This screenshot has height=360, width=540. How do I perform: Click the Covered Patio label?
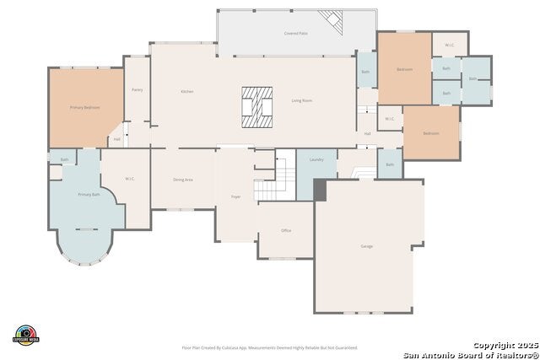(294, 34)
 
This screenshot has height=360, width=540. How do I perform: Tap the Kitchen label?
(187, 90)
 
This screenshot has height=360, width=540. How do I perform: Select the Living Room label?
(302, 100)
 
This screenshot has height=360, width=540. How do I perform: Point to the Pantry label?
(137, 89)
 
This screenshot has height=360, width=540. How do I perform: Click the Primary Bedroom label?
(84, 108)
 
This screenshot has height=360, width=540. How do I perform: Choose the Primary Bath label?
(89, 195)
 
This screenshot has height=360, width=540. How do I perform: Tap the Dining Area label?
(183, 180)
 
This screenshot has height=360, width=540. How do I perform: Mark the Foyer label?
(236, 196)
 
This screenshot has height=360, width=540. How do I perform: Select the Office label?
(286, 230)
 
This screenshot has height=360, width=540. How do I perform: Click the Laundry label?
(316, 159)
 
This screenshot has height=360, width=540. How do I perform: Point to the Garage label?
(367, 246)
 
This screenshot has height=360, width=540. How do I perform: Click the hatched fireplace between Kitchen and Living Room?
(257, 107)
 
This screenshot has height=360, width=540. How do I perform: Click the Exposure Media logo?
(27, 335)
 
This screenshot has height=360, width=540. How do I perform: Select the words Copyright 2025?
(504, 346)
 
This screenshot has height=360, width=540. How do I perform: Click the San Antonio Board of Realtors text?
(470, 354)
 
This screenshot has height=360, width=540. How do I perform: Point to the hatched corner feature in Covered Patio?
(331, 19)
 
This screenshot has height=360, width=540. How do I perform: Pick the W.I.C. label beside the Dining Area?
(130, 178)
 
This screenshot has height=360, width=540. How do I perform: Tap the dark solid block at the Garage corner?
(320, 190)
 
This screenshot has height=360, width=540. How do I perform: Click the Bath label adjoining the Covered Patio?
(365, 72)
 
